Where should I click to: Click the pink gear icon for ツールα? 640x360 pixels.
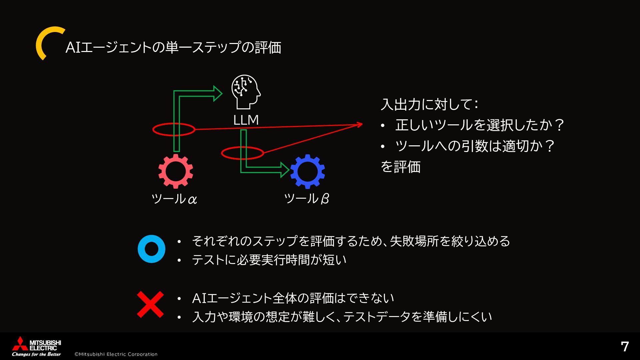(176, 171)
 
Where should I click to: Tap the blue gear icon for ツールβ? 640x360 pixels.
(307, 171)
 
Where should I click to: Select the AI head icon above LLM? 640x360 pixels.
(246, 92)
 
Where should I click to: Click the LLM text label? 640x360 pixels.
(246, 120)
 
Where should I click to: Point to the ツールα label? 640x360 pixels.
(174, 199)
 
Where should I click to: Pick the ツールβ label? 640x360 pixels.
(306, 199)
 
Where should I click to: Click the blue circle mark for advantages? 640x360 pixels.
(151, 249)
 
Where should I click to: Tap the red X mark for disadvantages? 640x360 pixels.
(151, 304)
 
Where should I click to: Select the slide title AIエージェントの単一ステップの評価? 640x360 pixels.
(173, 47)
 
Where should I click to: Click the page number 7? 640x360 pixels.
(625, 347)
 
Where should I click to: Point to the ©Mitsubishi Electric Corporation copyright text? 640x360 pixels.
(116, 354)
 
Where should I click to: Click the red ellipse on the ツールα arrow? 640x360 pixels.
(174, 129)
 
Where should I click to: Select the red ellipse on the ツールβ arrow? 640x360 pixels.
(243, 153)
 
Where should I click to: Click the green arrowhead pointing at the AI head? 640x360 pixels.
(218, 93)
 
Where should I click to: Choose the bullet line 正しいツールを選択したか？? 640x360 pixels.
(479, 125)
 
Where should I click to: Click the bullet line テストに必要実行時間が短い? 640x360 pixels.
(269, 260)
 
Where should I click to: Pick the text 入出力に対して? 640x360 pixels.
(430, 104)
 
